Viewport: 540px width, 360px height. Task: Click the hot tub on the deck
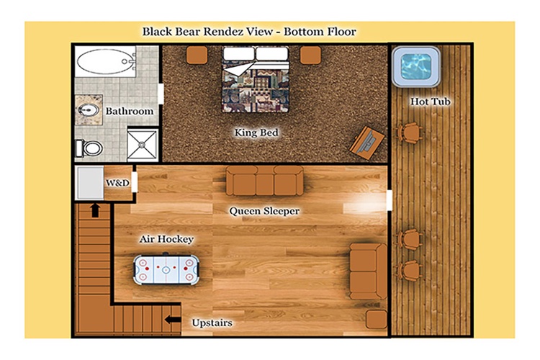tap(416, 67)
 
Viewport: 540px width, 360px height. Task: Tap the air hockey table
tap(166, 269)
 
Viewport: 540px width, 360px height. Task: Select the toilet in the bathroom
tap(89, 148)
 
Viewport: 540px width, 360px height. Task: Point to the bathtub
tap(105, 62)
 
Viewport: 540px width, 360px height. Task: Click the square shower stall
tap(143, 145)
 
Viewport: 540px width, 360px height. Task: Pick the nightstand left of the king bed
tap(197, 55)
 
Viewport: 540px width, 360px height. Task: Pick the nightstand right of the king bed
tap(310, 55)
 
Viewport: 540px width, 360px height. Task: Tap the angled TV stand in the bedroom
tap(366, 143)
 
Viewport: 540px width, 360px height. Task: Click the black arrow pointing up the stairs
tap(95, 210)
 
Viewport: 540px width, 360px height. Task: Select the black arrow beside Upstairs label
tap(173, 320)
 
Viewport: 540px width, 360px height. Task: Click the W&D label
tap(117, 183)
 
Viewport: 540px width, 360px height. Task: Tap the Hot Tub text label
tap(430, 102)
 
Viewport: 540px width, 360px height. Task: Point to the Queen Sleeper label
tap(264, 211)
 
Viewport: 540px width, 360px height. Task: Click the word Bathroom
tap(130, 111)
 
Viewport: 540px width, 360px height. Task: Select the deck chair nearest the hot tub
tap(410, 132)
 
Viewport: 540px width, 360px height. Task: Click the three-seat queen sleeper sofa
tap(264, 181)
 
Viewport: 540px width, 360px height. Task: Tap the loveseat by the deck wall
tap(368, 271)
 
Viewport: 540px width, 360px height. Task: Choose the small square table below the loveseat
tap(377, 320)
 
